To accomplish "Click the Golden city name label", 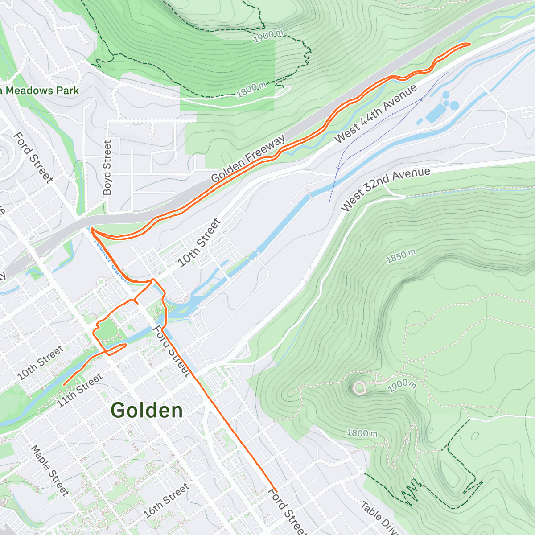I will click(x=147, y=410).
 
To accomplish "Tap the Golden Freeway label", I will click(x=248, y=160).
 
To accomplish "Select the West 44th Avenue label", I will click(x=376, y=114).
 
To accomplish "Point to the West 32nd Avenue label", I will click(x=386, y=189).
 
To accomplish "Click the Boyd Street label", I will click(x=107, y=168).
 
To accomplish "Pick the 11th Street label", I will click(x=80, y=391).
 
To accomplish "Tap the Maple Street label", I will click(x=49, y=470).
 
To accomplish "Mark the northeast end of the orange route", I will click(x=469, y=44).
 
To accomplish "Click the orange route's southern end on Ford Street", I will click(x=276, y=491).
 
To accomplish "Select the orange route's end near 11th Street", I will click(x=65, y=384).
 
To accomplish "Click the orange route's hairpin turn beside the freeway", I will click(x=92, y=229).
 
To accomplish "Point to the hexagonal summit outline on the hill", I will click(x=359, y=387).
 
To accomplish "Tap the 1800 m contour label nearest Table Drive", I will click(x=362, y=433).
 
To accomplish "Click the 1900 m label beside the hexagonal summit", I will click(x=402, y=385).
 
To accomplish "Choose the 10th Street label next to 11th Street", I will click(x=40, y=363).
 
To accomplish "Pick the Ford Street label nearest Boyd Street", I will click(x=33, y=157).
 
